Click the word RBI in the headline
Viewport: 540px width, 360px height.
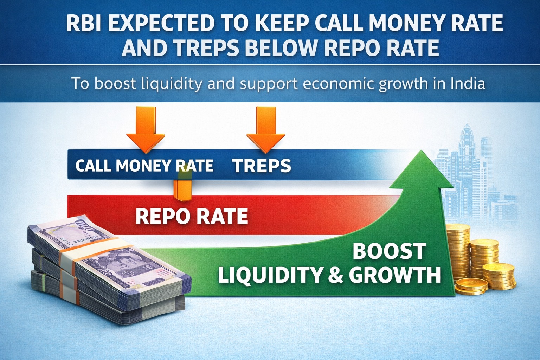click(x=84, y=24)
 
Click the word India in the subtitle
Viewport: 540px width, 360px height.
click(x=467, y=84)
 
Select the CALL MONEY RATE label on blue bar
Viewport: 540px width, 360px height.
click(x=144, y=166)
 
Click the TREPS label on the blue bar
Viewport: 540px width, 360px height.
click(x=262, y=166)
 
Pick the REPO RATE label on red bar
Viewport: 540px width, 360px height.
click(x=192, y=216)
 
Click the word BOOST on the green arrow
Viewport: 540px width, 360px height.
click(x=389, y=251)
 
